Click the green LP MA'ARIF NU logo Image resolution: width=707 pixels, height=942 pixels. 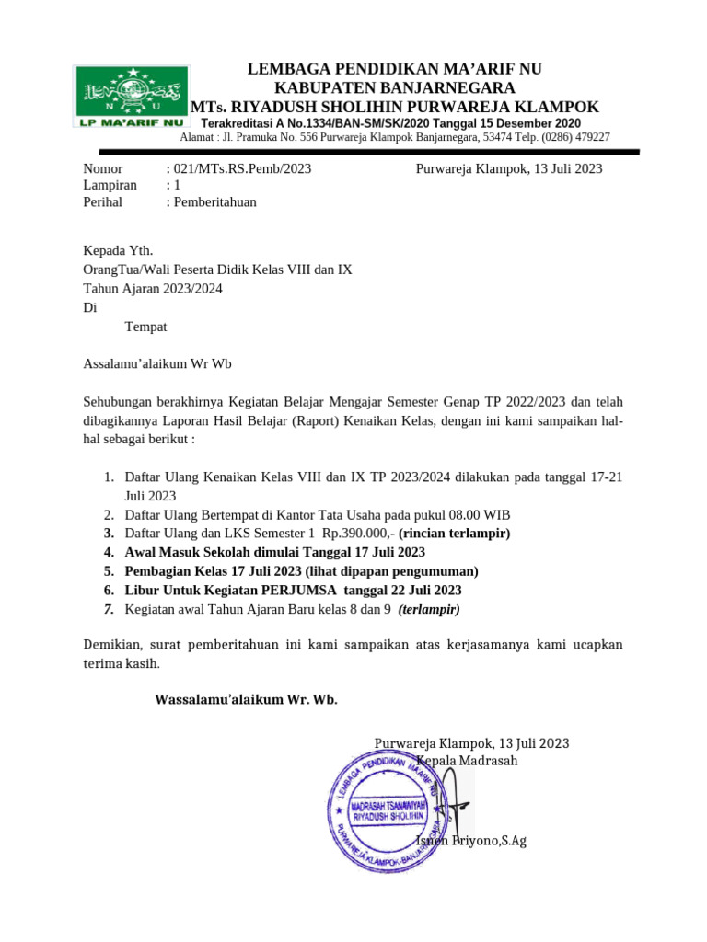point(131,97)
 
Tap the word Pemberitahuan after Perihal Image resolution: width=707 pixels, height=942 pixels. point(214,202)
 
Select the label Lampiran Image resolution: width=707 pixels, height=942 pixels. point(110,185)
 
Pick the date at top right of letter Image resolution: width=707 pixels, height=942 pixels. point(509,168)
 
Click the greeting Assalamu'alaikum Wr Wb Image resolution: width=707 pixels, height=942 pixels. point(157,362)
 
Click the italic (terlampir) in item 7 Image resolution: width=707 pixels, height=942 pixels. point(429,609)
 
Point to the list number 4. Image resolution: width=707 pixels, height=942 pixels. point(108,552)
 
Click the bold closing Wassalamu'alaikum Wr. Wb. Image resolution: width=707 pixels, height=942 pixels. point(246,699)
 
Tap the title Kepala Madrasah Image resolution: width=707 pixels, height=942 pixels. point(467,761)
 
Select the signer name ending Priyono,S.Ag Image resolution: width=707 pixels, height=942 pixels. point(471,841)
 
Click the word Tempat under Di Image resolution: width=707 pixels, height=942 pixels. point(145,326)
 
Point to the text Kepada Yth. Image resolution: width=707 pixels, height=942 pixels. point(119,250)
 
